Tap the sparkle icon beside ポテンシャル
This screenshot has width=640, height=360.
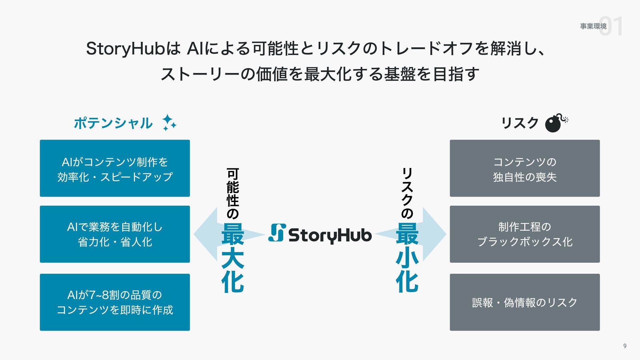[x=169, y=123]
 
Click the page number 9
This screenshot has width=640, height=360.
[x=625, y=346]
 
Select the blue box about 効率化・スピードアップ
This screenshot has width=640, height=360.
[x=115, y=168]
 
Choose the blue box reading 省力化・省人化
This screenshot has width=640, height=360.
[x=115, y=234]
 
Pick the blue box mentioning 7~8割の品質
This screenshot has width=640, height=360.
[x=115, y=302]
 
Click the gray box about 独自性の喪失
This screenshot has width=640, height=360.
[x=525, y=168]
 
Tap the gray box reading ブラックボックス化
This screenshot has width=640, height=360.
[x=525, y=234]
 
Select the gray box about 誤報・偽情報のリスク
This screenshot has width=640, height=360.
[x=525, y=302]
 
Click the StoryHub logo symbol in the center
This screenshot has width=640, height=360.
[x=277, y=233]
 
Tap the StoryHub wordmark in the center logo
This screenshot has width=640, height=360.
[x=330, y=235]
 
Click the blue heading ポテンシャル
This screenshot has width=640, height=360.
[x=113, y=123]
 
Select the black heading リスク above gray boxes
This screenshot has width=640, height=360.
[x=520, y=123]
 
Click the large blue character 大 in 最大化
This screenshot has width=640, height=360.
[x=233, y=259]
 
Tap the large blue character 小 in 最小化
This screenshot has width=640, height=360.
[x=407, y=259]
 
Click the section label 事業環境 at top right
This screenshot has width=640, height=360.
[x=593, y=26]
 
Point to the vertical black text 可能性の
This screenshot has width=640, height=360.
[x=233, y=193]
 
